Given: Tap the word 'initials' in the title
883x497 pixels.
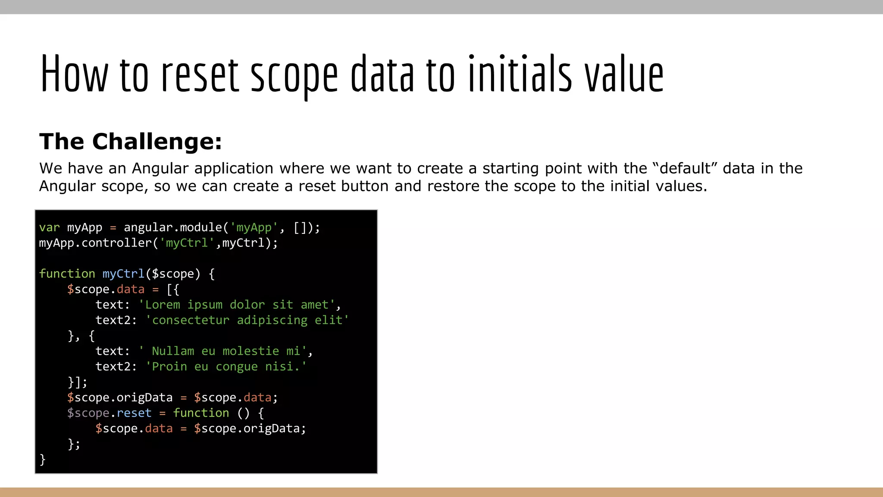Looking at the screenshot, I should click(520, 74).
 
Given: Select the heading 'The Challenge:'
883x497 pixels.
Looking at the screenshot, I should click(131, 142).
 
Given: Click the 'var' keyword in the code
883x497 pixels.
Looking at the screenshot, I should click(49, 227).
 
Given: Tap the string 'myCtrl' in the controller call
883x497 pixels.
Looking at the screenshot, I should click(187, 243).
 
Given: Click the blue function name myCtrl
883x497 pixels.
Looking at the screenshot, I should click(123, 274).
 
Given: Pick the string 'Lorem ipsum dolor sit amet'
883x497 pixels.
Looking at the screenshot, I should click(237, 305).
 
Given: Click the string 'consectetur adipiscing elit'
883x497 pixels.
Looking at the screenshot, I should click(247, 320).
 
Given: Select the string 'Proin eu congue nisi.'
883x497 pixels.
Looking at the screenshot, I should click(226, 367).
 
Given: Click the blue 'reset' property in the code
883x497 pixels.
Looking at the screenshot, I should click(134, 413).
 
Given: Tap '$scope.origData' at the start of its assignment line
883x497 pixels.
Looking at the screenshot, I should click(120, 397).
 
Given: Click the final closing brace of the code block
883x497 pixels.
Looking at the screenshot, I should click(42, 459).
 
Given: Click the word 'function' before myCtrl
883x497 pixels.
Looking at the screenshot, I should click(67, 274).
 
